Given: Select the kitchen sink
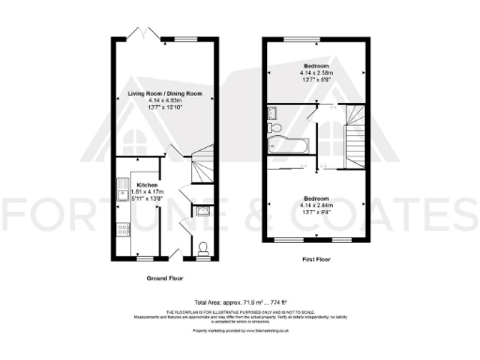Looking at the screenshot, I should point(123,193).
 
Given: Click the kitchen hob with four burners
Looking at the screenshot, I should point(123,229).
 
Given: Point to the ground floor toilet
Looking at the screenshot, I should point(204,248).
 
